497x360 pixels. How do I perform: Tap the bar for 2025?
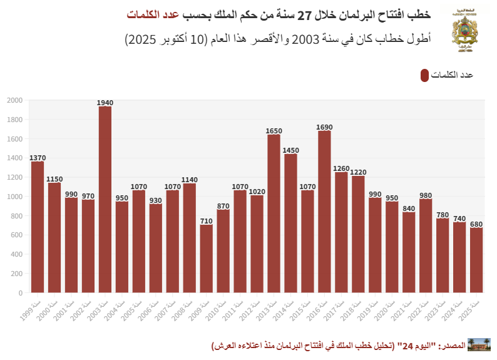476,260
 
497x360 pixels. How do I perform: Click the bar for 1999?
38,227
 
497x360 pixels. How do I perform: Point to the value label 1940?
105,103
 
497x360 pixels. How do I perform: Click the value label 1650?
274,131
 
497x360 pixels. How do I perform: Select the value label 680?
476,224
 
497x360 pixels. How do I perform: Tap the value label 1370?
38,158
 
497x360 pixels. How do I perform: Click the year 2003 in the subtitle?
307,39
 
